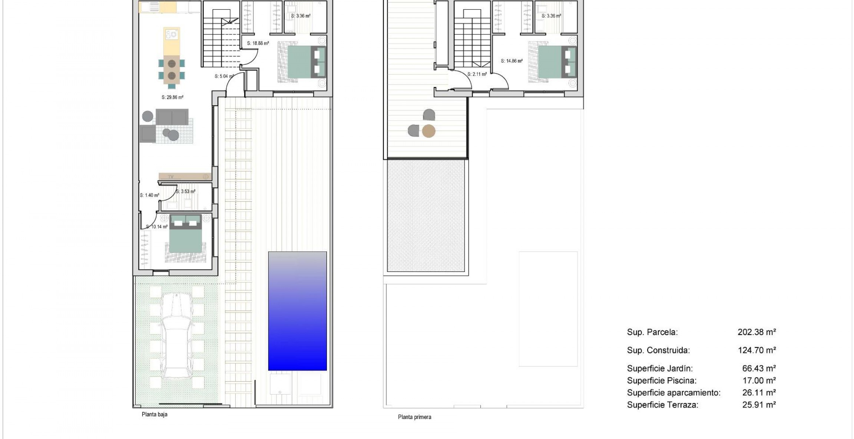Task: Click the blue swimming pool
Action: point(297,311)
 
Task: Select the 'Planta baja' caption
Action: point(155,415)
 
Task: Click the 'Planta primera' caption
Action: point(414,417)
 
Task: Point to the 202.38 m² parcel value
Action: point(757,332)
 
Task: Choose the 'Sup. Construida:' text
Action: point(658,350)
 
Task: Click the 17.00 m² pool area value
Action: point(759,380)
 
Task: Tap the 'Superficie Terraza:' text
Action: point(662,405)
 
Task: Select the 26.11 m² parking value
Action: point(759,393)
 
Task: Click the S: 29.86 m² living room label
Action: point(172,97)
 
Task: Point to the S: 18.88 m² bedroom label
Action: point(258,43)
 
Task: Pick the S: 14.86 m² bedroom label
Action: point(512,61)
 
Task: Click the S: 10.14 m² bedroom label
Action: point(157,227)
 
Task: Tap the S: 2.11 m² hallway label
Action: point(477,74)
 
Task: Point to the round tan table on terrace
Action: point(428,131)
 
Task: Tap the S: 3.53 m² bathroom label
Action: point(186,192)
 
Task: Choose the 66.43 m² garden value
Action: point(759,369)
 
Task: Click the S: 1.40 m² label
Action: point(149,195)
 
